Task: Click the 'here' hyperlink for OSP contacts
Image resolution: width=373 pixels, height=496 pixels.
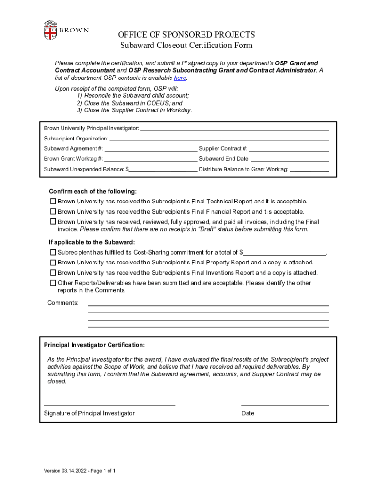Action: tap(180, 78)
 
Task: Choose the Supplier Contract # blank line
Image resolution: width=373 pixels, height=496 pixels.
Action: tap(289, 149)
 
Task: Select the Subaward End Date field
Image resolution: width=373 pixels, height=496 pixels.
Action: tap(290, 159)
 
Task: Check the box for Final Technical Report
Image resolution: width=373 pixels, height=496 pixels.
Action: tap(53, 201)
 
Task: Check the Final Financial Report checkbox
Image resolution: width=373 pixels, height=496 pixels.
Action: tap(53, 212)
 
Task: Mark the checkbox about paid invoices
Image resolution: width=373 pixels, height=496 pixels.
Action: tap(53, 222)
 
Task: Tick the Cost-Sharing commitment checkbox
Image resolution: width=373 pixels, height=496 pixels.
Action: tap(53, 252)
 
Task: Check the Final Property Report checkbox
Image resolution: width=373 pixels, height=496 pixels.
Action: tap(53, 263)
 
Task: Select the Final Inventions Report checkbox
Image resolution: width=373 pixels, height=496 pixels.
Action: tap(53, 273)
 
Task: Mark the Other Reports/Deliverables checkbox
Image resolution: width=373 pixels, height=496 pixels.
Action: tap(53, 283)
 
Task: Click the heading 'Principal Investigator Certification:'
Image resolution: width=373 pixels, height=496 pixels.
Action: tap(94, 345)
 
